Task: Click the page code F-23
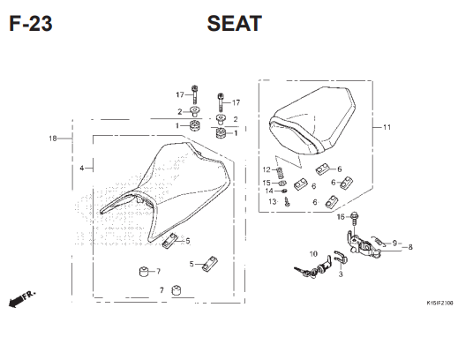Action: pyautogui.click(x=31, y=24)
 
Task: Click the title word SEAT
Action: pyautogui.click(x=235, y=24)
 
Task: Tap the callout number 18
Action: pyautogui.click(x=53, y=139)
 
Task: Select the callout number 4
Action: pyautogui.click(x=82, y=168)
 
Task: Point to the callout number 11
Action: pyautogui.click(x=387, y=127)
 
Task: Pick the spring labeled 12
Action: pyautogui.click(x=280, y=173)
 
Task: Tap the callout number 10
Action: pyautogui.click(x=313, y=254)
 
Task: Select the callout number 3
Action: pyautogui.click(x=341, y=274)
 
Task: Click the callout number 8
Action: pyautogui.click(x=410, y=247)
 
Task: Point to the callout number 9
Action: pyautogui.click(x=394, y=243)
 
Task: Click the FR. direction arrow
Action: pyautogui.click(x=22, y=299)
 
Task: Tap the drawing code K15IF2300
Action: pyautogui.click(x=439, y=303)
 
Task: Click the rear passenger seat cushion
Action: pyautogui.click(x=312, y=120)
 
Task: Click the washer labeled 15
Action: pyautogui.click(x=282, y=183)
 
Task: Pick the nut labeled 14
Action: pyautogui.click(x=284, y=191)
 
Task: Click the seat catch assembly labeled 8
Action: pyautogui.click(x=362, y=244)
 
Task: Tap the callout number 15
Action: pyautogui.click(x=267, y=183)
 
